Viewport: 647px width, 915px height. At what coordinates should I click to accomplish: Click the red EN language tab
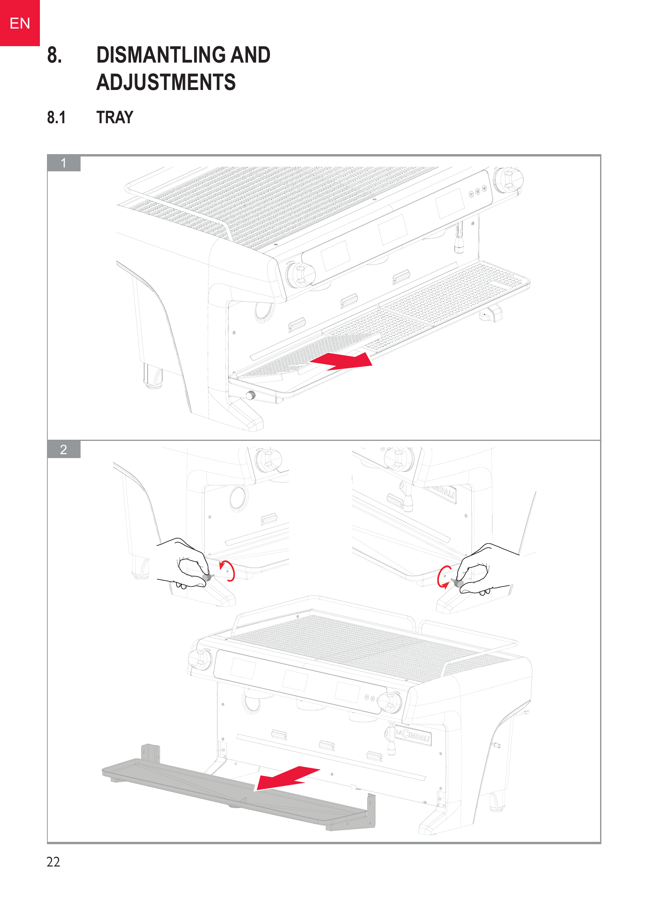(20, 23)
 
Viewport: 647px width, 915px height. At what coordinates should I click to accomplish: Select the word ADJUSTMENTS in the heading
(166, 82)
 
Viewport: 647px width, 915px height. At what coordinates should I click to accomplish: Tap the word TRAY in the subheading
(115, 118)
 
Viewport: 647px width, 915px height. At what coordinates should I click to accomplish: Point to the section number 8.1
(56, 118)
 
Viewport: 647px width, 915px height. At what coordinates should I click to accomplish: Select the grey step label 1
(64, 163)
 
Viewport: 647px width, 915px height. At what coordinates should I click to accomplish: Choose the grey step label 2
(64, 449)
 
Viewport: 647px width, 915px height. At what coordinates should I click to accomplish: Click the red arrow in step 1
(341, 361)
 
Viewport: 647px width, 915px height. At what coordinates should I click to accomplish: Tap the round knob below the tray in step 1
(251, 395)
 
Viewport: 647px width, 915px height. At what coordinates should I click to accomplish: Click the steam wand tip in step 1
(459, 248)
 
